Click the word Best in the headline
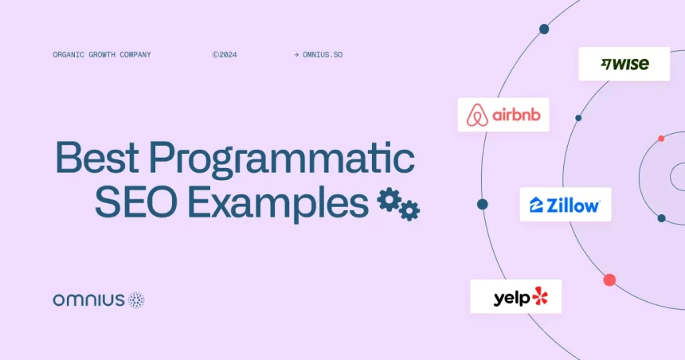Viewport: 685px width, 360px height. point(97,157)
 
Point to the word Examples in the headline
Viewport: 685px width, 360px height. point(278,204)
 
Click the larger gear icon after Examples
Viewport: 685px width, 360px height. point(389,200)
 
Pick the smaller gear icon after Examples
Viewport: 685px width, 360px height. point(409,211)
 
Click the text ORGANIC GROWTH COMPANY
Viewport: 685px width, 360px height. point(102,55)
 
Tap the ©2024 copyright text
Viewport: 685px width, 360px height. point(225,55)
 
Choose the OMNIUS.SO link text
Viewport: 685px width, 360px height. point(323,55)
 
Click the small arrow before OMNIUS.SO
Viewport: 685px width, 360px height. point(296,55)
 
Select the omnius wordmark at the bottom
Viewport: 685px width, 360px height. point(89,300)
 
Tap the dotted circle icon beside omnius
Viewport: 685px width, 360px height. point(136,300)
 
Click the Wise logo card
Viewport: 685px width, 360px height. point(624,64)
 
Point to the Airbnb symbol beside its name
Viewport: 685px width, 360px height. point(477,115)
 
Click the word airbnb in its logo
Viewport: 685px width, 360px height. point(516,115)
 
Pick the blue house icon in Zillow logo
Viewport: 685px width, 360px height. point(536,205)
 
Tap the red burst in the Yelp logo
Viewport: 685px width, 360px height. point(540,295)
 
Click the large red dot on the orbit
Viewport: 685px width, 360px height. point(609,280)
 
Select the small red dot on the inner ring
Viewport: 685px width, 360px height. point(661,139)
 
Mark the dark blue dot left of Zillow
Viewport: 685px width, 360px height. point(483,204)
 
